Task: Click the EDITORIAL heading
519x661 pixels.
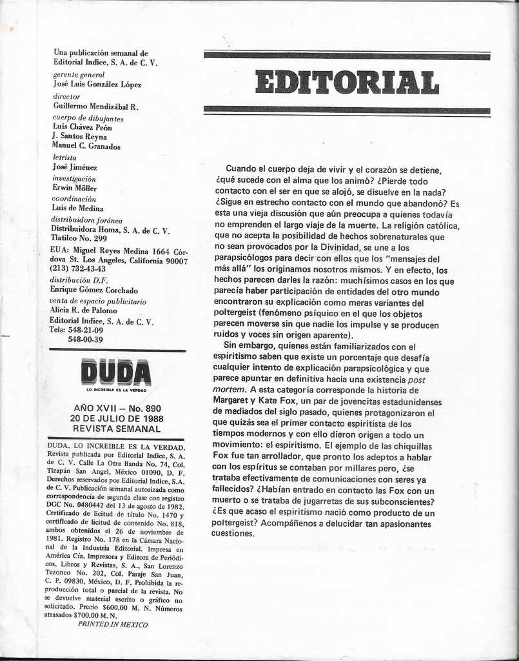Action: click(x=347, y=83)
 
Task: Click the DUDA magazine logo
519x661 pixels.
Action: click(x=116, y=373)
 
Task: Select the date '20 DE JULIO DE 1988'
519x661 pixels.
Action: click(x=117, y=418)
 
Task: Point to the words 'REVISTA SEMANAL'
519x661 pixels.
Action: click(x=117, y=428)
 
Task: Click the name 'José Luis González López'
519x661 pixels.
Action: click(x=97, y=85)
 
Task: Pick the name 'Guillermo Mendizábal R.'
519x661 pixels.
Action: click(x=95, y=107)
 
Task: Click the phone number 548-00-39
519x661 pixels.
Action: click(x=85, y=340)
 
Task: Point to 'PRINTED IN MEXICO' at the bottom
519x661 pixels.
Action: click(x=113, y=624)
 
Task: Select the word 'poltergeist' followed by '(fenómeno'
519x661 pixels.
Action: click(x=238, y=314)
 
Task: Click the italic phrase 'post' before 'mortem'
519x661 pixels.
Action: click(x=416, y=380)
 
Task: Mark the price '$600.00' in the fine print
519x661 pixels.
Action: click(x=113, y=607)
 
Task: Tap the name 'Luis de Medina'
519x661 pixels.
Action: click(x=78, y=208)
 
